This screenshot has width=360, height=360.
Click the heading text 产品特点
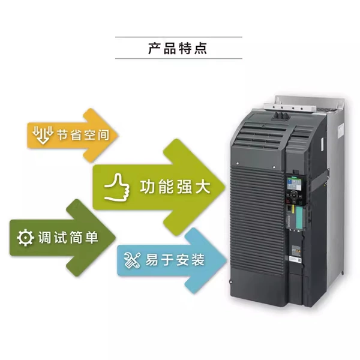178,48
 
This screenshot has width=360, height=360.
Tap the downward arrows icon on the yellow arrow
43,134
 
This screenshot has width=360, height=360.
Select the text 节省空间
83,134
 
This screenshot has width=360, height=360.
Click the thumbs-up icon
117,187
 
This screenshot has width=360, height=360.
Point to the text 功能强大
175,187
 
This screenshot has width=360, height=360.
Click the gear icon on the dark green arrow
25,238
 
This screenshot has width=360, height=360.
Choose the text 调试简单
68,238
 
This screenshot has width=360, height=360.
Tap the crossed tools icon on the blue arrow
132,260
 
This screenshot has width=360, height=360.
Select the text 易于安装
175,260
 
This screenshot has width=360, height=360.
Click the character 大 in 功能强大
202,187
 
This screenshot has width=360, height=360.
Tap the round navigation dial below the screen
293,196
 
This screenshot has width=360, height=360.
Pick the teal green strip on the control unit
298,217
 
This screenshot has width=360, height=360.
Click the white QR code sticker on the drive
296,259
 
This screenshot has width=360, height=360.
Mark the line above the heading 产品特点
179,37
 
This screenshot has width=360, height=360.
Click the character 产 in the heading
154,48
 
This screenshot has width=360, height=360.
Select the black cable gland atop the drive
280,116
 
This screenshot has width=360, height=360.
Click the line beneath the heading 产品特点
179,59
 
